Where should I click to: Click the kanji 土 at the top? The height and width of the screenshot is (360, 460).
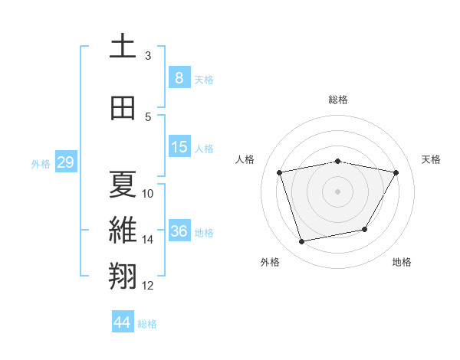pos(122,46)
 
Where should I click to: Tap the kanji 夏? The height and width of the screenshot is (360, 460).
pos(122,185)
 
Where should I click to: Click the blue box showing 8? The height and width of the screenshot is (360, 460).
pos(179,77)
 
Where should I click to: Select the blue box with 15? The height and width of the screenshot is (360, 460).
pos(179,146)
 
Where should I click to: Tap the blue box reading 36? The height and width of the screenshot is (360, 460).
pos(179,231)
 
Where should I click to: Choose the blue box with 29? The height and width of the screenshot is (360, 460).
pos(65,162)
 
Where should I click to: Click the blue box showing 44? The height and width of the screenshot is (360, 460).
pos(123,322)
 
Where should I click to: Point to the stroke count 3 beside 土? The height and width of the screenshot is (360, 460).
pos(148,56)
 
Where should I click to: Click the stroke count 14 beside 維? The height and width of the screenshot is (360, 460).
pos(148,240)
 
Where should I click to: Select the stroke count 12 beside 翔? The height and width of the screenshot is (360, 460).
pos(148,286)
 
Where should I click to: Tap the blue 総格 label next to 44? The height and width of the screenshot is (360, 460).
pos(147,324)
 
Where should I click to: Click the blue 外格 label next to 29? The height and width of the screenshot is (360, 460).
pos(41,163)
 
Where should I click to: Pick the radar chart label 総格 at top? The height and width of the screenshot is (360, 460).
pos(337,100)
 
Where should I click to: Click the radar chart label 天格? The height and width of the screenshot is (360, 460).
pos(431,159)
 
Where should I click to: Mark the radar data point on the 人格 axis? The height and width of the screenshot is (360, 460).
pos(280,172)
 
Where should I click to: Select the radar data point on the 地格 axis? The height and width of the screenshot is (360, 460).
pos(365,229)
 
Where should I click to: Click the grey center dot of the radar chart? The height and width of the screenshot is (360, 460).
pos(337,191)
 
